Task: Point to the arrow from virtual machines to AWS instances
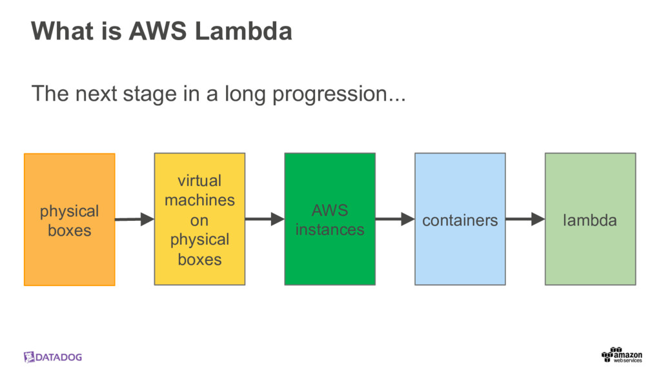tap(265, 220)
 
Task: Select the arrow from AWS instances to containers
tap(394, 220)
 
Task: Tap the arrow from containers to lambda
tap(525, 220)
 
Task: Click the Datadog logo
tap(53, 357)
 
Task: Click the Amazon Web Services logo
tap(622, 355)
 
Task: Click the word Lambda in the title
tap(244, 31)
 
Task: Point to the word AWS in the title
tap(159, 31)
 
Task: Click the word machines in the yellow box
tap(199, 200)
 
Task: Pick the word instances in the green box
tap(330, 229)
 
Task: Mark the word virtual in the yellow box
tap(199, 180)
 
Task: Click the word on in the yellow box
tap(199, 220)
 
